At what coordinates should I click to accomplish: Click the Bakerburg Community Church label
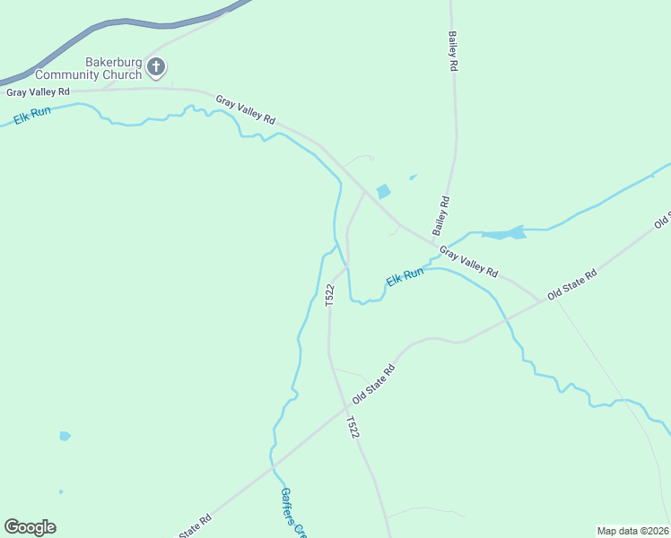coord(113,68)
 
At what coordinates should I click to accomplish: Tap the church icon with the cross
coord(156,66)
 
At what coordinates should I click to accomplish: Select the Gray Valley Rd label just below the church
coord(38,92)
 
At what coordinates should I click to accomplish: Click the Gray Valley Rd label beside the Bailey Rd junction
coord(467,263)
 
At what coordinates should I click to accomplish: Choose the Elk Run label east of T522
coord(404,278)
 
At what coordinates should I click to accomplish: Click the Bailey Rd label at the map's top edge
coord(453,52)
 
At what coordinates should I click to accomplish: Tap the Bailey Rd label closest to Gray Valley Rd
coord(441,216)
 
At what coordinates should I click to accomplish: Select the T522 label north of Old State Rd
coord(330,295)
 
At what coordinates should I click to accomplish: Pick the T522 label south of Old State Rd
coord(353,428)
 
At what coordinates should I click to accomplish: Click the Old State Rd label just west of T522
coord(374,384)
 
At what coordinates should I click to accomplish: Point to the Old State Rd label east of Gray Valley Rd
coord(571,284)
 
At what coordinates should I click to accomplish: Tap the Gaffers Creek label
coord(292,511)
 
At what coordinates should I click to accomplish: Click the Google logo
coord(30,527)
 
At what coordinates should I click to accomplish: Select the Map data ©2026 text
coord(632,530)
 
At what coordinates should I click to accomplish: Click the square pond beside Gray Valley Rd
coord(384,191)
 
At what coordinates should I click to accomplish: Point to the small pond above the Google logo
coord(65,437)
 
